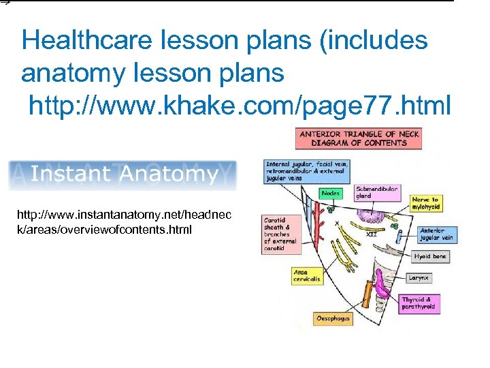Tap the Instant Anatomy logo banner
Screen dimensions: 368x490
coord(122,175)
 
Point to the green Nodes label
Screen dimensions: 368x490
coord(331,194)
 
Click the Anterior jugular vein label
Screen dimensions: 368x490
coord(436,234)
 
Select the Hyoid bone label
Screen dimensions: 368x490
coord(430,257)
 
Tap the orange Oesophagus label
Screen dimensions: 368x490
coord(333,318)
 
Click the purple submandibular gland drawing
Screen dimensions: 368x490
coord(372,216)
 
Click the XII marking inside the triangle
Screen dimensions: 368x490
coord(372,234)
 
